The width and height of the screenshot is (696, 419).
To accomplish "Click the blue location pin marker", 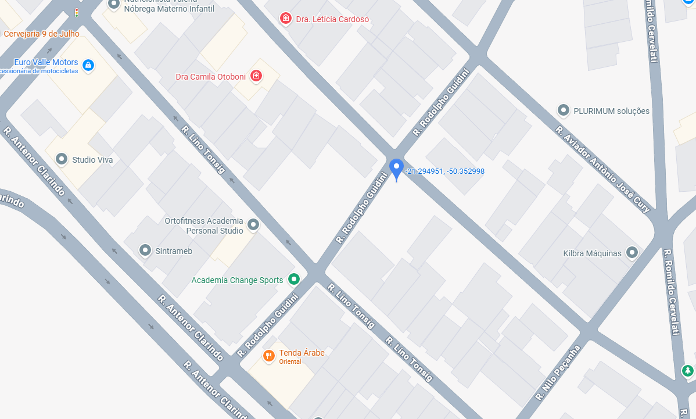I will pyautogui.click(x=396, y=169).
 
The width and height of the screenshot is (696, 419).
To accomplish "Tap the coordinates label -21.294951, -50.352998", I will pyautogui.click(x=445, y=171).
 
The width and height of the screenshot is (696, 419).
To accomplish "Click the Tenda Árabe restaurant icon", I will pyautogui.click(x=268, y=356).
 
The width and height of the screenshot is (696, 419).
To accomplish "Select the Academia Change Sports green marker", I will pyautogui.click(x=294, y=280).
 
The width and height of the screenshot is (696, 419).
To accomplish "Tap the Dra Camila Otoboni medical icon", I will pyautogui.click(x=256, y=76).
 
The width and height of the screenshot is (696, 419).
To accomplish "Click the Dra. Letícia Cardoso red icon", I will pyautogui.click(x=285, y=19).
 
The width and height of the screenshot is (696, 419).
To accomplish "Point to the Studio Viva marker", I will pyautogui.click(x=62, y=159).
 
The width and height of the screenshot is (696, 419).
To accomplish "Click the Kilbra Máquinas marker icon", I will pyautogui.click(x=632, y=252).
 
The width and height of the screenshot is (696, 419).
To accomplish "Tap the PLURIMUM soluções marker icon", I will pyautogui.click(x=563, y=110).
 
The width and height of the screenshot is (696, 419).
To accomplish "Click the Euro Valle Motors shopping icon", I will pyautogui.click(x=88, y=65).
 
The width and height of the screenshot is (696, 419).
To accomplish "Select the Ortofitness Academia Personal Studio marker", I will pyautogui.click(x=253, y=224).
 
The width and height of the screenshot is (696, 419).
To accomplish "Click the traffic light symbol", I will pyautogui.click(x=76, y=12).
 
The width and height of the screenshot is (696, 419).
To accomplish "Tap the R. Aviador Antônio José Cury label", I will pyautogui.click(x=602, y=169).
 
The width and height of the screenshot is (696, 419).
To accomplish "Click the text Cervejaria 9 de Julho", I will pyautogui.click(x=41, y=34).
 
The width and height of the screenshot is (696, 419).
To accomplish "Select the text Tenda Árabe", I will pyautogui.click(x=302, y=353).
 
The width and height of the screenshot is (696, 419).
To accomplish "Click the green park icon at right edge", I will pyautogui.click(x=687, y=370).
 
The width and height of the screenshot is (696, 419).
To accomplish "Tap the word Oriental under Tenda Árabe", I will pyautogui.click(x=290, y=361).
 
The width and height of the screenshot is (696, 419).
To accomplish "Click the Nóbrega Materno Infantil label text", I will pyautogui.click(x=168, y=9).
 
